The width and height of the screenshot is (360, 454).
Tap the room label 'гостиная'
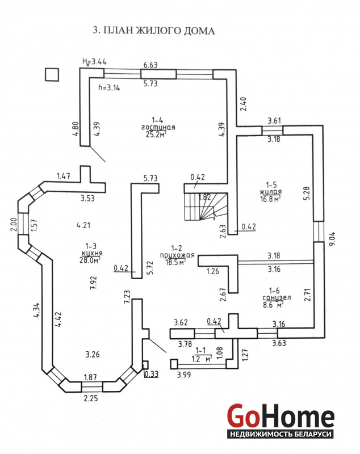click(158, 127)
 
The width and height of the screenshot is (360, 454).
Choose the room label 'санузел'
click(272, 297)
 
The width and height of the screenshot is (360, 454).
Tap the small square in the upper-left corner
click(52, 75)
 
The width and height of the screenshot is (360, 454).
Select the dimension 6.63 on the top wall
click(150, 66)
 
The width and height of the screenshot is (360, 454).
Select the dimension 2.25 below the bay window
click(90, 398)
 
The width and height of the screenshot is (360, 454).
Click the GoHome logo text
click(281, 417)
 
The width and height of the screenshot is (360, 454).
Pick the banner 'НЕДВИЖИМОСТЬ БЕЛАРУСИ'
click(281, 434)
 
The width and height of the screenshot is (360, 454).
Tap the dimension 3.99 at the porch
click(183, 375)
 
